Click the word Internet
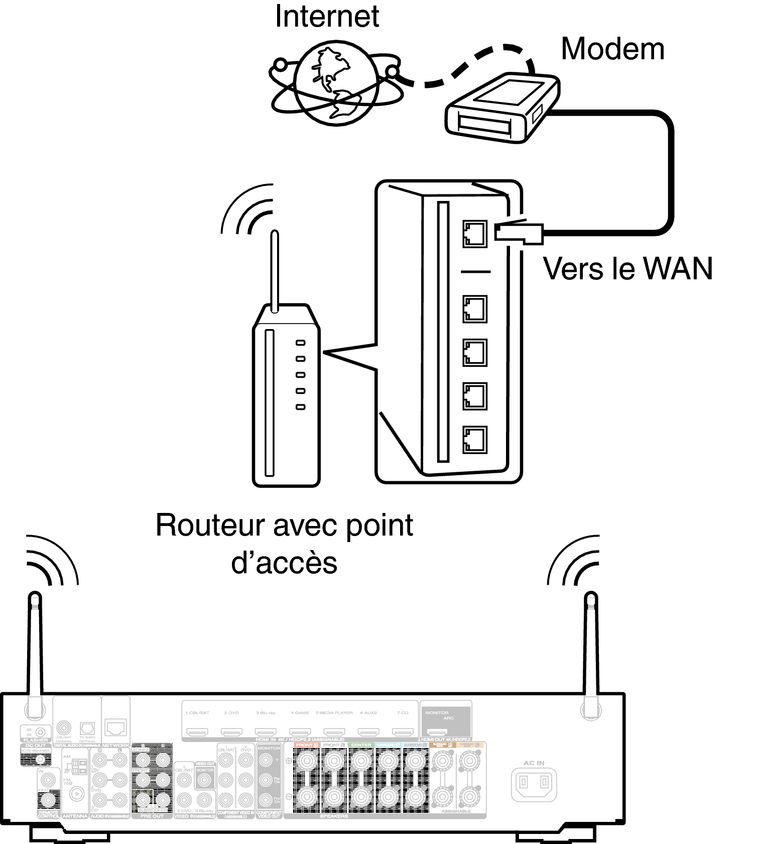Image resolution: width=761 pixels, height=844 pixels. tap(327, 16)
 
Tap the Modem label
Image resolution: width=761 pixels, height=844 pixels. tap(612, 49)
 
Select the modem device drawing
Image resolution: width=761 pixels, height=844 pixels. tap(502, 108)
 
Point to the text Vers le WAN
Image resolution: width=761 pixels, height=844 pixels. tap(627, 269)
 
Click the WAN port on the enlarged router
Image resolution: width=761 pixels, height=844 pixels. tap(474, 234)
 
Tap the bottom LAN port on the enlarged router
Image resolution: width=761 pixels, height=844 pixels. tap(474, 440)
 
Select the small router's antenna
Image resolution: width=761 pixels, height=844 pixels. tap(274, 271)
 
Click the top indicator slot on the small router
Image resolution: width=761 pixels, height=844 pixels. tap(300, 343)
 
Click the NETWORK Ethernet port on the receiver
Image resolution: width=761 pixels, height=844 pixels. tap(116, 727)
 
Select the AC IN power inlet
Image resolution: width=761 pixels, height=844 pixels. tap(534, 782)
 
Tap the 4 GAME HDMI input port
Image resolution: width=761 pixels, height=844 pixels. tap(300, 732)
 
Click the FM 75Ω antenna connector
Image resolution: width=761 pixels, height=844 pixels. tap(77, 793)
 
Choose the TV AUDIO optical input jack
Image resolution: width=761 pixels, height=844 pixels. tap(87, 727)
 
